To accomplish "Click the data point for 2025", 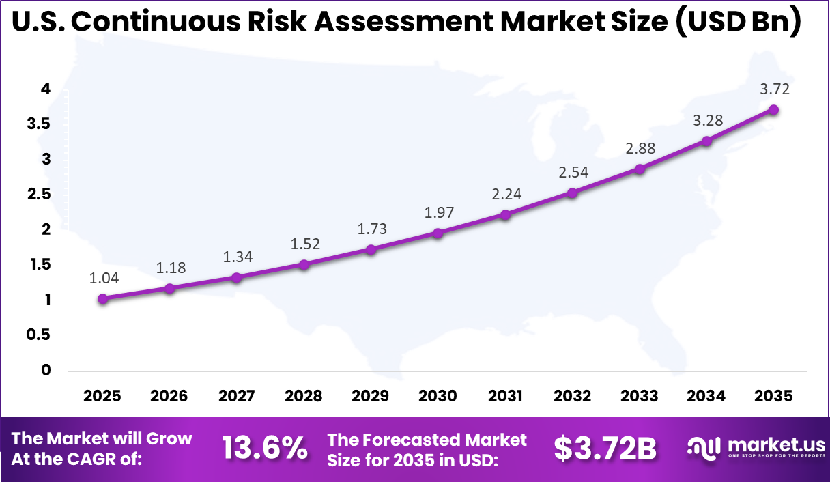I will click(102, 298).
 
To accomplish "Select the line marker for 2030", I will click(438, 233).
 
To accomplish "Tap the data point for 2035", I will click(773, 109).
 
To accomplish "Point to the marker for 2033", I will click(640, 169).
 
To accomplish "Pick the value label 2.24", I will click(506, 194).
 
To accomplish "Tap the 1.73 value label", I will click(372, 229).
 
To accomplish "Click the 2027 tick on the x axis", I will click(236, 396).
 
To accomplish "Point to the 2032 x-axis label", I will click(573, 396).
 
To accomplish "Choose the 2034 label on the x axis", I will click(706, 396).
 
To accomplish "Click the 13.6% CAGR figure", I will click(264, 449).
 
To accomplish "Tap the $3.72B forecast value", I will click(605, 449).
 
